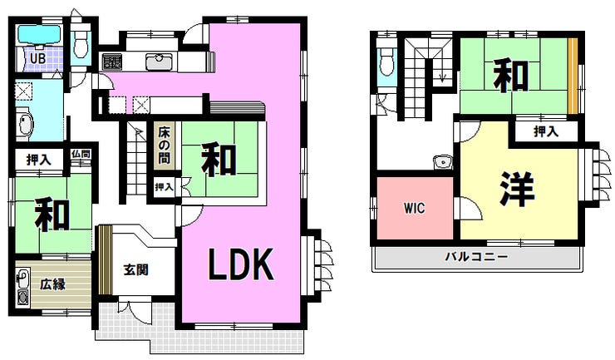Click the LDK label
240,264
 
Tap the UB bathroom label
37,58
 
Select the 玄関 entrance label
135,270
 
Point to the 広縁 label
52,284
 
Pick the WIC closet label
414,208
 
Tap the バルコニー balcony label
476,257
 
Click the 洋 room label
517,189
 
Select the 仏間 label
81,154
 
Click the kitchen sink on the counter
159,62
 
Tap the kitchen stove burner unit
112,62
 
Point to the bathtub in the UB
38,35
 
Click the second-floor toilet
386,62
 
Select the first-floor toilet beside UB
81,43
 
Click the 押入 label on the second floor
546,131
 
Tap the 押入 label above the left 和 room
38,160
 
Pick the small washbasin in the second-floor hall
442,162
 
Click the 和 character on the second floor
510,75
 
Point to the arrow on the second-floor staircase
442,72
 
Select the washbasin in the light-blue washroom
25,125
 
